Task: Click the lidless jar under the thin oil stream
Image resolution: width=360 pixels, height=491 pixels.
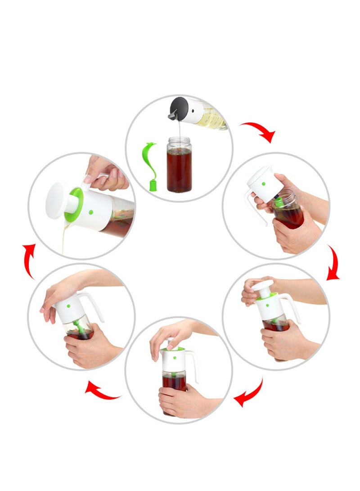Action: pos(179,165)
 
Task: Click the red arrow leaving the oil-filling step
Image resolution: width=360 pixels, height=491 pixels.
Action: pos(258,131)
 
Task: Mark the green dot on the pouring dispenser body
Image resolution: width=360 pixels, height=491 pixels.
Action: pos(91,212)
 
